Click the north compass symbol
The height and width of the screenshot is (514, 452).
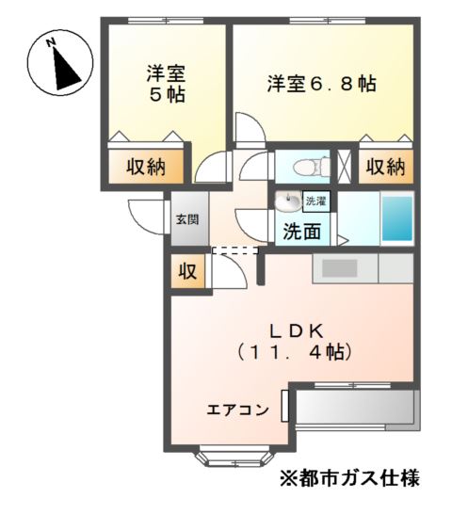coord(60,63)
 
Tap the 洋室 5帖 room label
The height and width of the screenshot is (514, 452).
coord(167,84)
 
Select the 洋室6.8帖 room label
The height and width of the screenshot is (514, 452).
coord(321,84)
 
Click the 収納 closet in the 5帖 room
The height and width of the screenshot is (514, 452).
coord(146,168)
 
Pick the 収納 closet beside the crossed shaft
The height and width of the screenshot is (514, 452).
coord(385,167)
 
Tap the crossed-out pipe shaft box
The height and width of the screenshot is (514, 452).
coord(344,167)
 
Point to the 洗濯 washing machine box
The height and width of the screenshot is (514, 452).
coord(316,201)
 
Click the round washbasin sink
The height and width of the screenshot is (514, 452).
coord(288,201)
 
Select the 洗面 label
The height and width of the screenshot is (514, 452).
coord(301,232)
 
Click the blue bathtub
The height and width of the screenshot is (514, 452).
coord(397,218)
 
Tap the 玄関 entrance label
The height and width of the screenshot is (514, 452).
coord(187,219)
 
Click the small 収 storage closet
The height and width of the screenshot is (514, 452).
coord(188,271)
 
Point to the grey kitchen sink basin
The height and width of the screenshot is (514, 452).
coord(340,268)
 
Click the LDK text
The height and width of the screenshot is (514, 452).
coord(297,332)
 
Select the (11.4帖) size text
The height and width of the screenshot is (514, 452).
coord(294,352)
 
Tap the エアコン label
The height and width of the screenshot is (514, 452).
coord(237,410)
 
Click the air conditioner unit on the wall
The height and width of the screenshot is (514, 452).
coord(284,406)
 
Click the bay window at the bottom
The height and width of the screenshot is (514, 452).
coord(234,456)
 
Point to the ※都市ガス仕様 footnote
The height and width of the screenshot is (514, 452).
coord(349,478)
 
